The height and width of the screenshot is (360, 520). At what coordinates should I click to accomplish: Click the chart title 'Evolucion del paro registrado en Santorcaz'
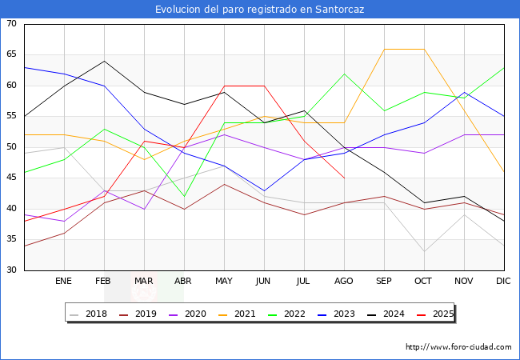pyautogui.click(x=260, y=9)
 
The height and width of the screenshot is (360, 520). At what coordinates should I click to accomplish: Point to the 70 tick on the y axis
pyautogui.click(x=11, y=24)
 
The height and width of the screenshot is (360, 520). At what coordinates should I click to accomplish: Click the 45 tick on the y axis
pyautogui.click(x=11, y=178)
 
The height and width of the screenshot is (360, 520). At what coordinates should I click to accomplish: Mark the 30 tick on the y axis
pyautogui.click(x=11, y=270)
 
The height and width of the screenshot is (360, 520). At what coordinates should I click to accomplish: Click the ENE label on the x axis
pyautogui.click(x=64, y=282)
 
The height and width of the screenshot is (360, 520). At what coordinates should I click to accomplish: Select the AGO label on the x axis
pyautogui.click(x=344, y=282)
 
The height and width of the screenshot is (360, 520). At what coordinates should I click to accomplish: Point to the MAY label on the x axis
pyautogui.click(x=224, y=282)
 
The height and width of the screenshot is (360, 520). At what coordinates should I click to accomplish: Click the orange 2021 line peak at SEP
pyautogui.click(x=384, y=50)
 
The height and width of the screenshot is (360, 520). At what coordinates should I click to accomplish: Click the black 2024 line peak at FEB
pyautogui.click(x=104, y=62)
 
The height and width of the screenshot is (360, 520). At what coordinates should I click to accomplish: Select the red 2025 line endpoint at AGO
pyautogui.click(x=344, y=178)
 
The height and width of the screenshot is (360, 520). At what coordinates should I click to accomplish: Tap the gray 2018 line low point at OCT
pyautogui.click(x=424, y=251)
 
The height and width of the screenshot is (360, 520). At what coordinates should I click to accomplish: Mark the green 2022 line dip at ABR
pyautogui.click(x=184, y=196)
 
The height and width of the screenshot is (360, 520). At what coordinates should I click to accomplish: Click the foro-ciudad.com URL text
pyautogui.click(x=458, y=347)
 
